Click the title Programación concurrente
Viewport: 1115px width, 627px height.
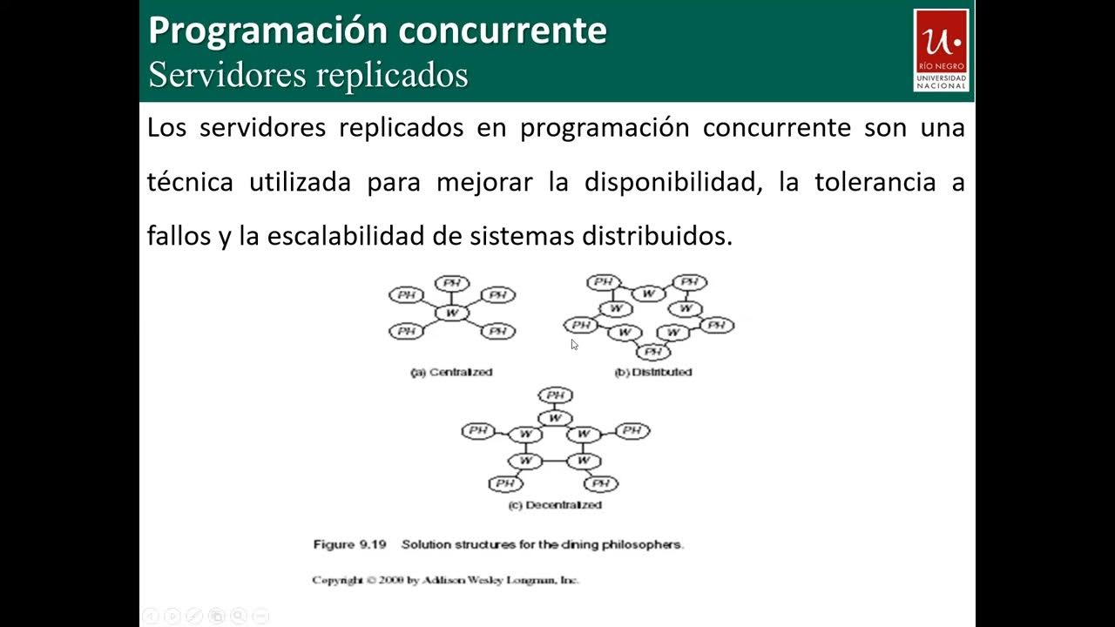[x=377, y=30]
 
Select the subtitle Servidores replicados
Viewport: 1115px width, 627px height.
[x=308, y=75]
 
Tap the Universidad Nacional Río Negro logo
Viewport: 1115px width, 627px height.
[x=941, y=50]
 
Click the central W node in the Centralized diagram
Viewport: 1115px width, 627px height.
[x=451, y=313]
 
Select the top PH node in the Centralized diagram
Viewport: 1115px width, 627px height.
[x=451, y=283]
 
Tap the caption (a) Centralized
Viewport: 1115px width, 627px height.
[x=451, y=372]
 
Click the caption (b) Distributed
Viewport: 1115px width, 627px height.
[x=652, y=372]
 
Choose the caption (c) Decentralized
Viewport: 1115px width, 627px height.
[x=555, y=505]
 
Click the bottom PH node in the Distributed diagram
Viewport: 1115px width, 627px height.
[x=652, y=352]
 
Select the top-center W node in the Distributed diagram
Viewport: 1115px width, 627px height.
[x=648, y=293]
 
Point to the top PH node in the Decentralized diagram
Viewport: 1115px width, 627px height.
[x=555, y=395]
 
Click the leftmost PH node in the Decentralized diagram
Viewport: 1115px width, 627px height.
[x=477, y=430]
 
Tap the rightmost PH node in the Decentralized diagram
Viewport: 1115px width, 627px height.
[x=632, y=430]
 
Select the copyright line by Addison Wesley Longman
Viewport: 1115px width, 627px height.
[x=445, y=580]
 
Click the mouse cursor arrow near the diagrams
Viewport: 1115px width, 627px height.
[x=575, y=345]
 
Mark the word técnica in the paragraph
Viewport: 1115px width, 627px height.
[x=190, y=183]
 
